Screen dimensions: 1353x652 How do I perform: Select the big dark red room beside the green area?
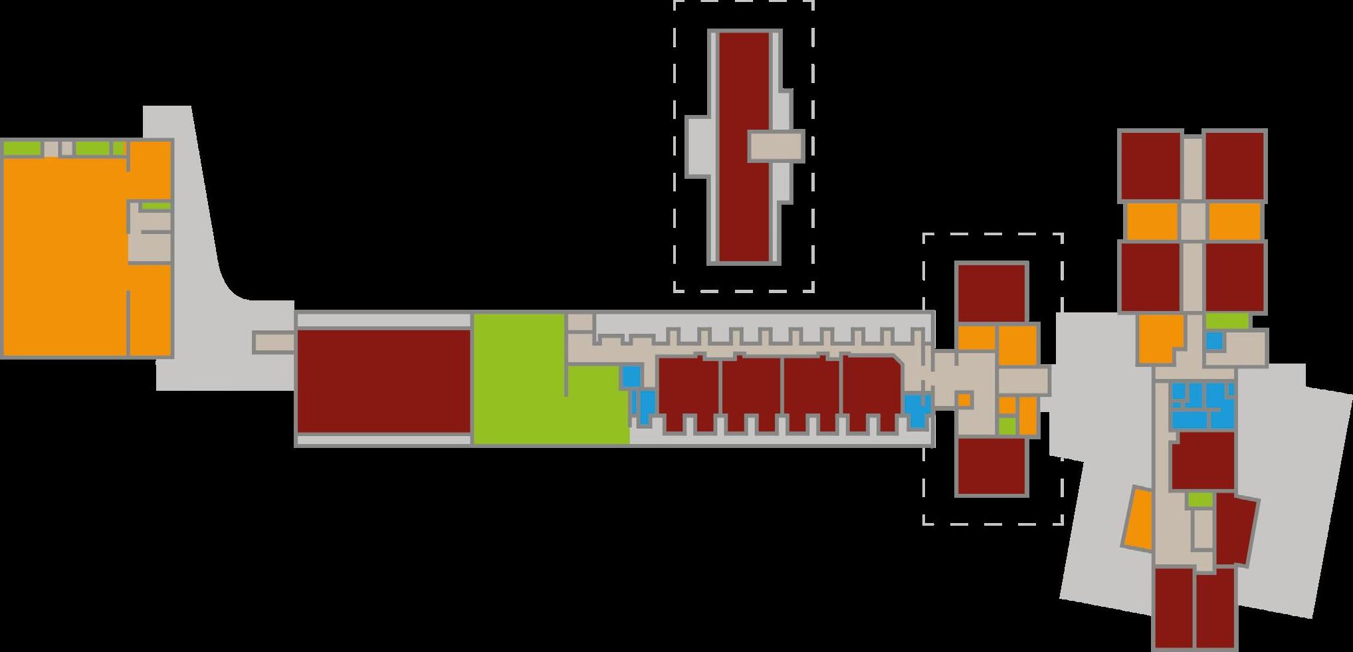[x=383, y=381]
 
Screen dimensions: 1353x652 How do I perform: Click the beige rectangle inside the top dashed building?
[x=776, y=146]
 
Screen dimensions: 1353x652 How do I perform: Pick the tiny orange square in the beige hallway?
[x=964, y=400]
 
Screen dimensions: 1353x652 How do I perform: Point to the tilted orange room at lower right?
[x=1138, y=519]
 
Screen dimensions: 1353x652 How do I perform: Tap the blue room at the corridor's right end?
[x=917, y=410]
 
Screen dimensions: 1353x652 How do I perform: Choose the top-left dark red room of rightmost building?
[x=1151, y=166]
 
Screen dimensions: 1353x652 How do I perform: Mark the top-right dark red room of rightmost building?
[x=1235, y=166]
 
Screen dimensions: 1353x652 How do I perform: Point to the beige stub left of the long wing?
[x=274, y=342]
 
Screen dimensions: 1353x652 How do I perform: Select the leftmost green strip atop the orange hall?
[x=22, y=148]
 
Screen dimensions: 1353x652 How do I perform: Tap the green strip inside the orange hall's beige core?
[x=156, y=206]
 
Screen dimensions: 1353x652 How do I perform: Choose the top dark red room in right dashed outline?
[x=991, y=293]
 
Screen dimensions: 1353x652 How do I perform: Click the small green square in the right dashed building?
[x=1007, y=425]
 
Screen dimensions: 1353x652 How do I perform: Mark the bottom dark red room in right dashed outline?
[x=991, y=466]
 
